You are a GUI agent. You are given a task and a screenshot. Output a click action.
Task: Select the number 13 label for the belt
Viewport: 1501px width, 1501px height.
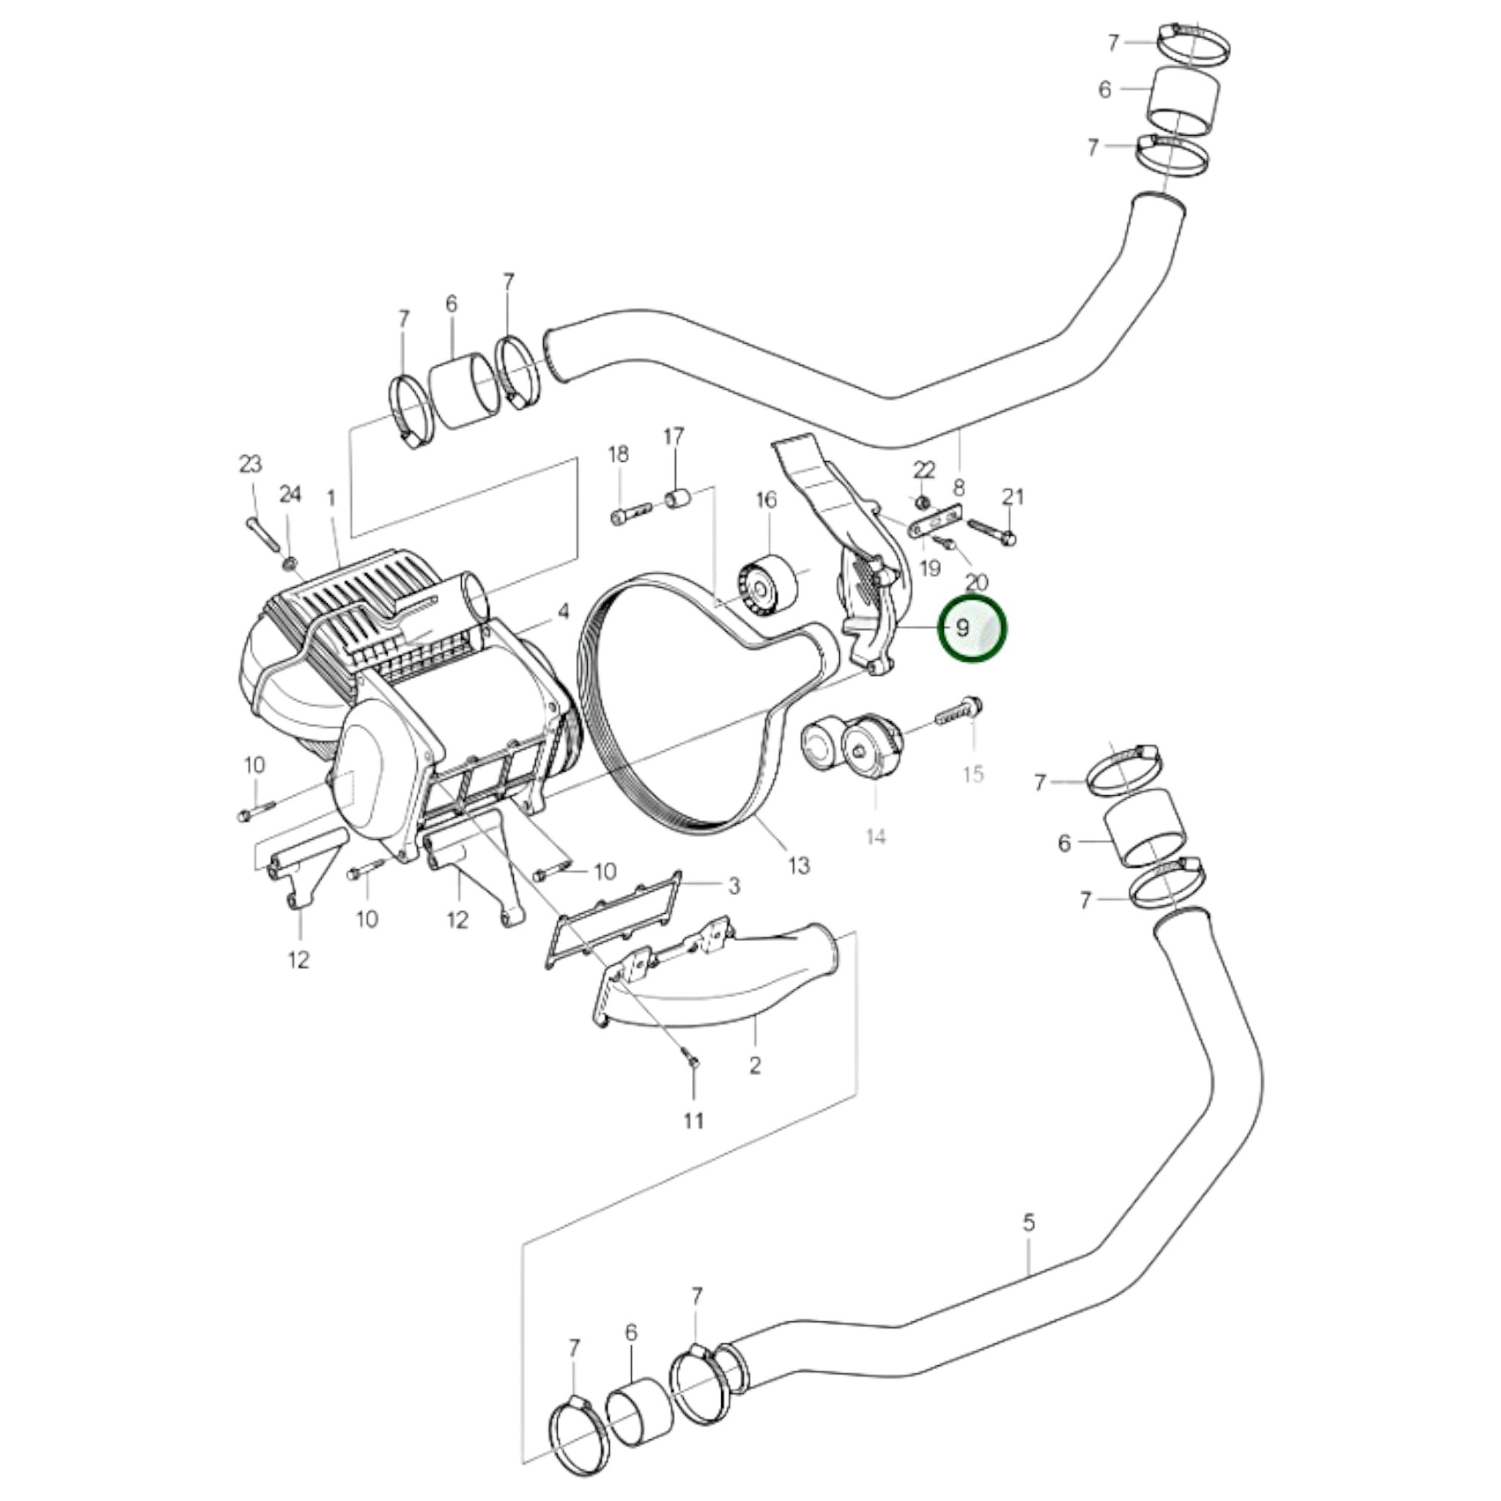click(x=798, y=865)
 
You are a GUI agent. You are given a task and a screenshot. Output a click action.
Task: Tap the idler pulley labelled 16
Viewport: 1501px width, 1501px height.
click(x=765, y=585)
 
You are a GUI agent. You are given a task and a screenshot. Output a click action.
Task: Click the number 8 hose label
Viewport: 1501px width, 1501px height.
click(x=959, y=488)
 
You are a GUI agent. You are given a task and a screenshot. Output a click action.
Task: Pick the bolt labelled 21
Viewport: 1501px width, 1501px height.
click(x=992, y=531)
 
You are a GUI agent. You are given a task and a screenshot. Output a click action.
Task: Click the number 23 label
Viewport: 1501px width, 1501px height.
click(x=250, y=464)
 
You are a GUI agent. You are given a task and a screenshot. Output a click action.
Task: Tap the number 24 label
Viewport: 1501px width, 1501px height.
click(x=290, y=494)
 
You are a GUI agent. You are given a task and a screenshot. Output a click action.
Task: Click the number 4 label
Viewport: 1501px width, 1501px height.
click(x=563, y=612)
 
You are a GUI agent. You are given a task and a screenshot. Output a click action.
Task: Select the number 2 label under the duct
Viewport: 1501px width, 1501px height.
click(x=754, y=1065)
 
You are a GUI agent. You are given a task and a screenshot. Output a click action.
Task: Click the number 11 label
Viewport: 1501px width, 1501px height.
click(x=693, y=1120)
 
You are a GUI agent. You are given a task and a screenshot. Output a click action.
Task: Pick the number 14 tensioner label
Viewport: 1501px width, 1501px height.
click(x=875, y=836)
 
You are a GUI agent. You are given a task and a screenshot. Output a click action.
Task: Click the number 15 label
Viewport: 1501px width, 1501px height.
click(x=973, y=774)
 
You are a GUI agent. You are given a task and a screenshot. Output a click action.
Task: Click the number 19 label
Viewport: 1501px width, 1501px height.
click(x=930, y=568)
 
